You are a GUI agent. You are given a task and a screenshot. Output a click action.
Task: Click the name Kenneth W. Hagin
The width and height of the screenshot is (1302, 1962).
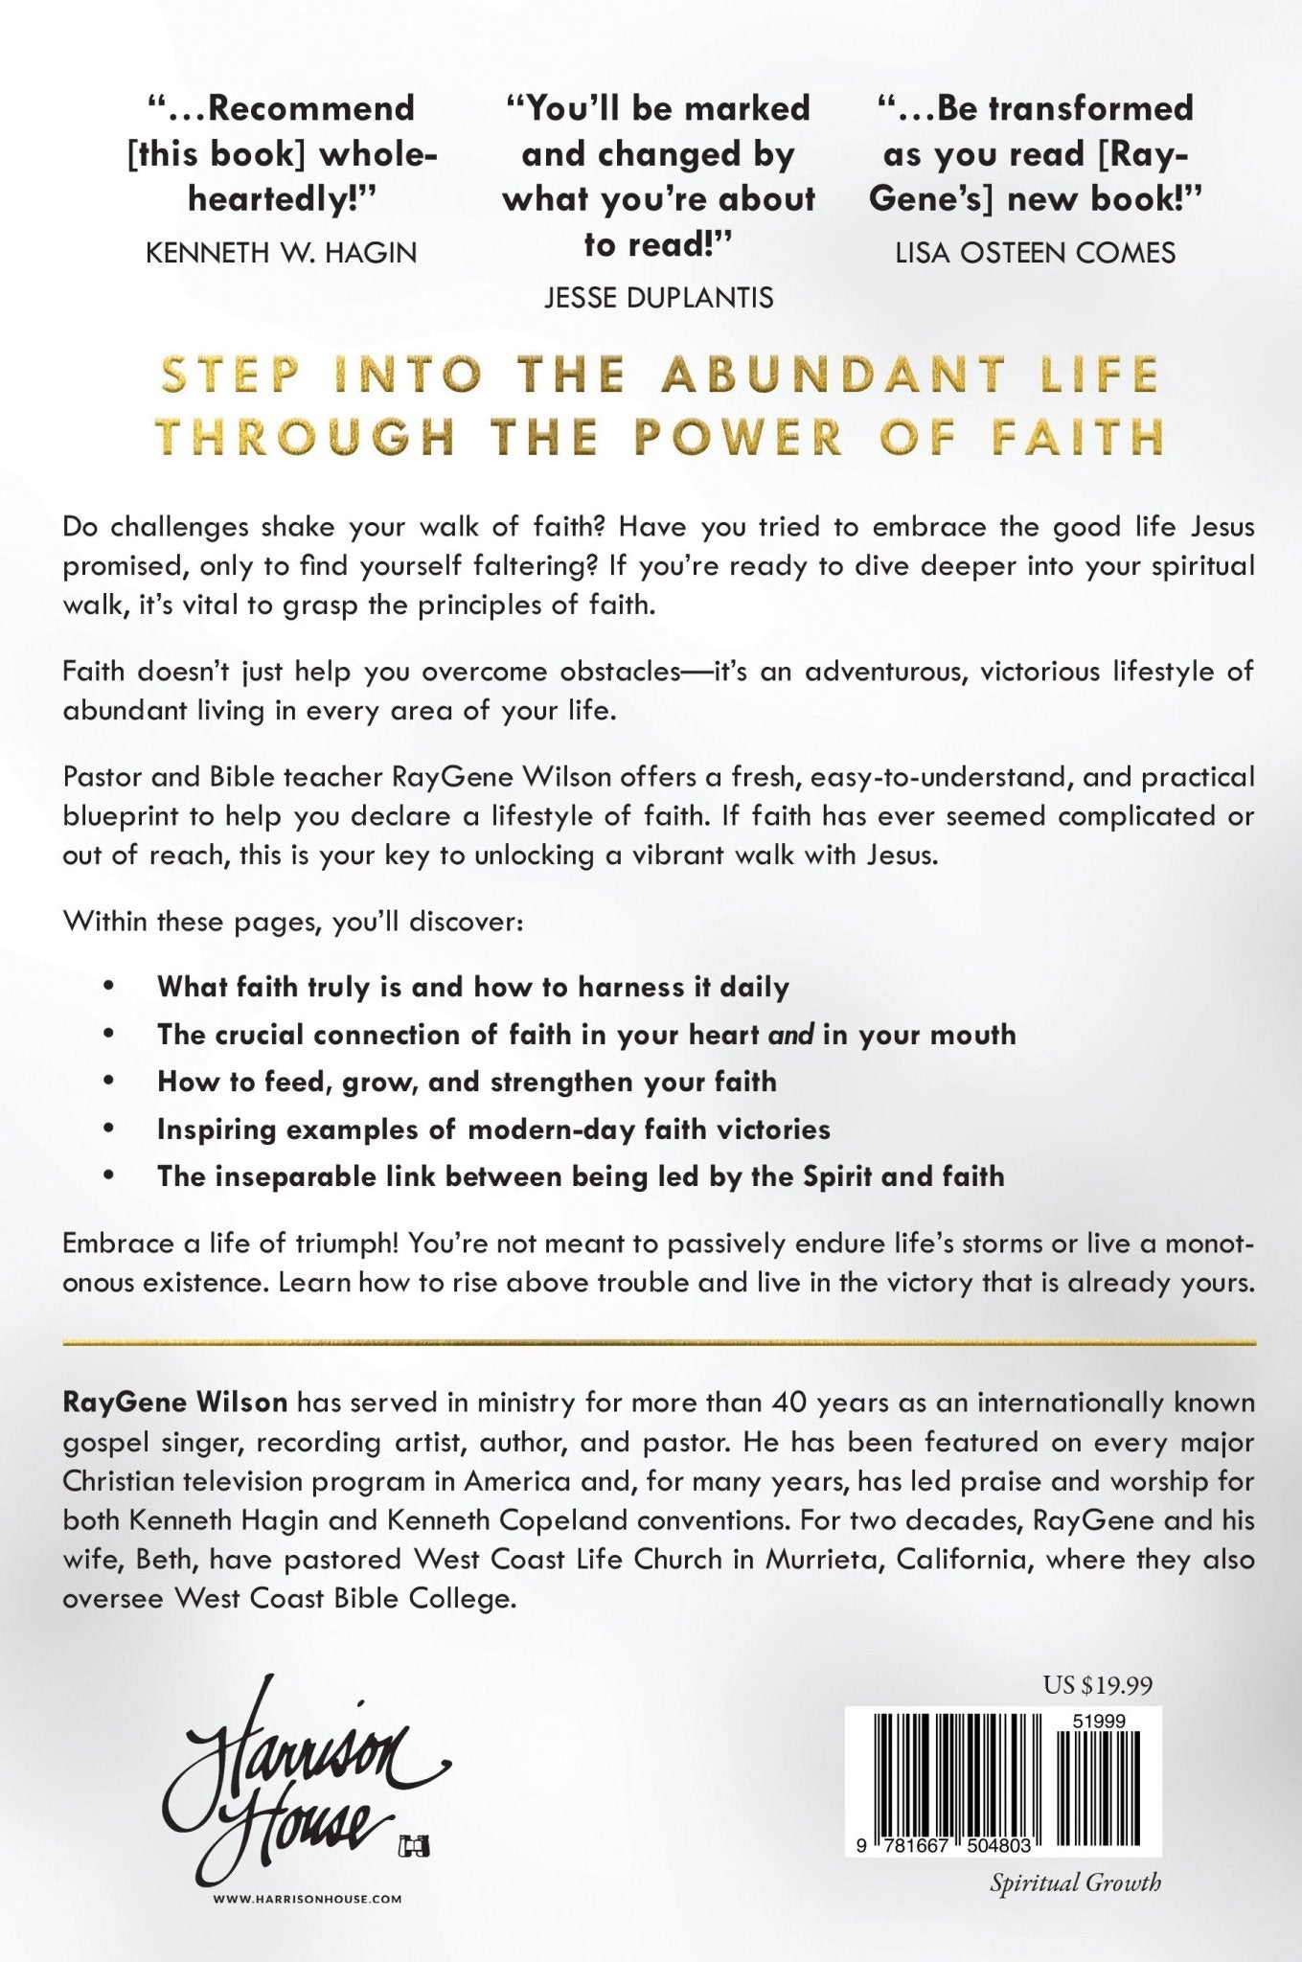point(281,253)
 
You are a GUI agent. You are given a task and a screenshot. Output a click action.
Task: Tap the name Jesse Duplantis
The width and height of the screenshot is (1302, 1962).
point(658,298)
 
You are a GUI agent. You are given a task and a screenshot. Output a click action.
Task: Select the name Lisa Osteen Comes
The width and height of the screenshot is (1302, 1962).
point(1035,253)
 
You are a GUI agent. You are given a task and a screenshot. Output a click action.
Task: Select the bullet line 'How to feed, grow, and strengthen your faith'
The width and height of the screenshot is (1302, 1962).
point(467,1082)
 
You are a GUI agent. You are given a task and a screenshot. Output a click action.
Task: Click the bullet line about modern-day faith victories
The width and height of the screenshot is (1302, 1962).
point(493,1129)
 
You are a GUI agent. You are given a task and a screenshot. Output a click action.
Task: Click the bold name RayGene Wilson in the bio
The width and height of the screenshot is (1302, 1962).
point(174,1403)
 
